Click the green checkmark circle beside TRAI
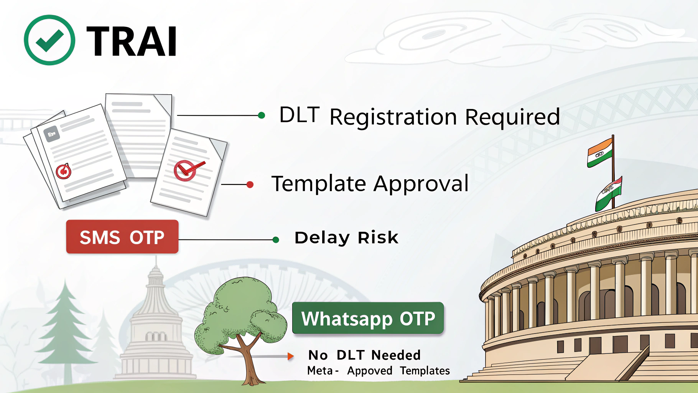tap(49, 40)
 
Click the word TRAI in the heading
tap(132, 41)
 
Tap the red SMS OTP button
tap(122, 237)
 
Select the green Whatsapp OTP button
tap(368, 318)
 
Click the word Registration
tap(393, 117)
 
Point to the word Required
tap(512, 117)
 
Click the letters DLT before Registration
tap(299, 115)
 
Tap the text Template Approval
tap(370, 183)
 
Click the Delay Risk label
tap(346, 238)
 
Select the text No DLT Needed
tap(364, 355)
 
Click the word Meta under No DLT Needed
tap(320, 371)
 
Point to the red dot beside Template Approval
tap(250, 185)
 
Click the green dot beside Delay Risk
tap(275, 240)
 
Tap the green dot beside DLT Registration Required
tap(262, 115)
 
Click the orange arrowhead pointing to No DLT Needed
tap(291, 357)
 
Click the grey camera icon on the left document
tap(51, 134)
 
